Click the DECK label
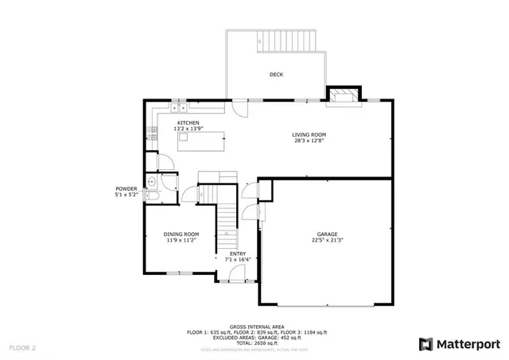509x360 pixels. click(x=276, y=75)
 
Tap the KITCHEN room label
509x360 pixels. click(x=188, y=122)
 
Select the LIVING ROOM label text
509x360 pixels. click(x=308, y=135)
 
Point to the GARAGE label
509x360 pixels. click(x=327, y=234)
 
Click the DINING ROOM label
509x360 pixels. click(x=181, y=234)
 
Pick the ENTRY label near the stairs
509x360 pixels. click(x=238, y=254)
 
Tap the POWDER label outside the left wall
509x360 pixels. click(x=126, y=188)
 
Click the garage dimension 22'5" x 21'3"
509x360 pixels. click(x=327, y=240)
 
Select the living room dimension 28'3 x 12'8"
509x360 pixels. click(x=308, y=141)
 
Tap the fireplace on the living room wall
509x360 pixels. click(x=343, y=95)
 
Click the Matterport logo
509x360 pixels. click(x=460, y=343)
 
